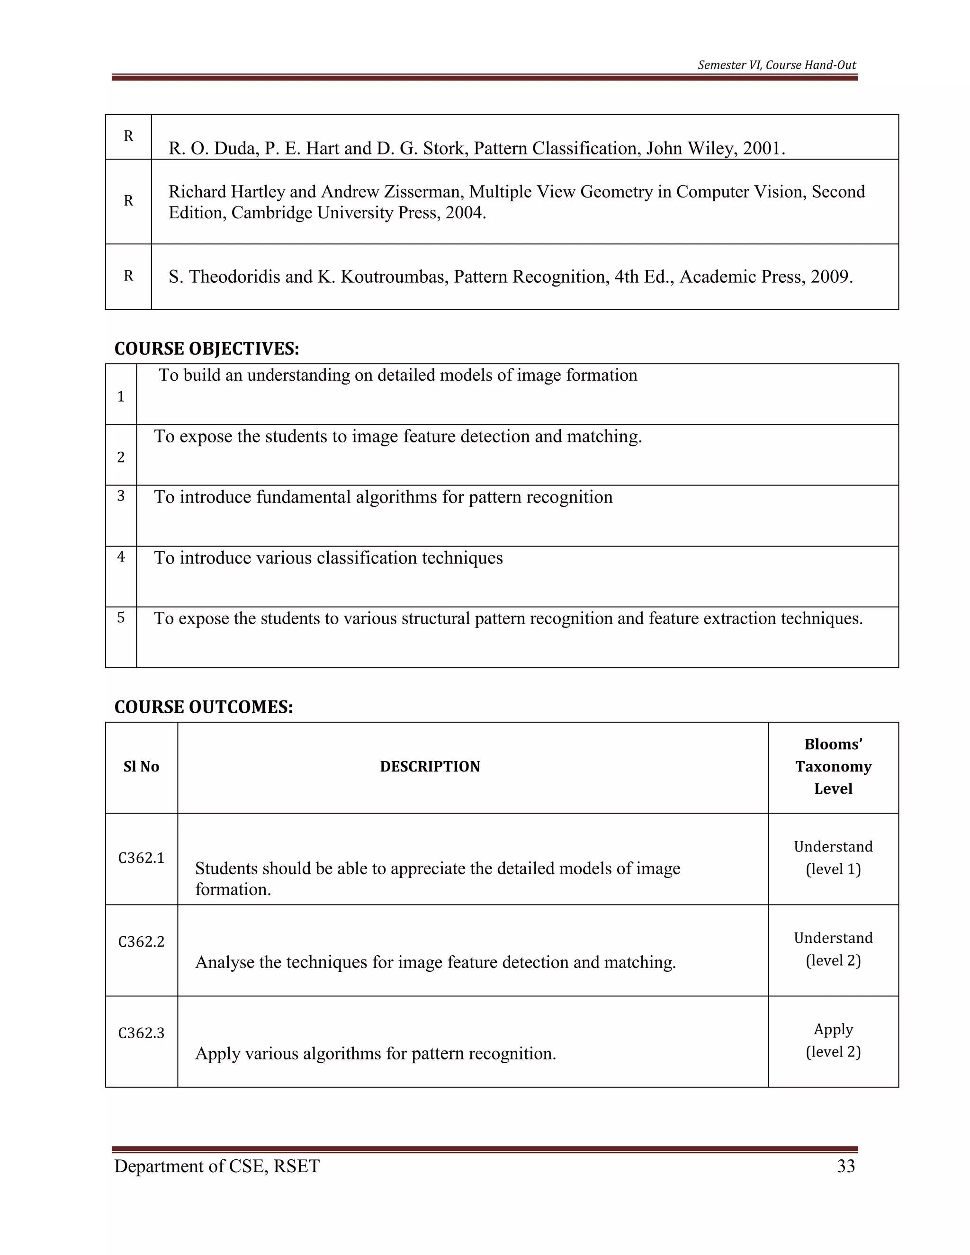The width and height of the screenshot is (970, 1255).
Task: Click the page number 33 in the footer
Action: pyautogui.click(x=846, y=1166)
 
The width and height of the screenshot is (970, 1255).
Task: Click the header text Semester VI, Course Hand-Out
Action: pyautogui.click(x=776, y=65)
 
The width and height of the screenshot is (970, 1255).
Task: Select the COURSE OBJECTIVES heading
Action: pyautogui.click(x=207, y=349)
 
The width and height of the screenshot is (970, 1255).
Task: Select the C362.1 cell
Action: pyautogui.click(x=141, y=858)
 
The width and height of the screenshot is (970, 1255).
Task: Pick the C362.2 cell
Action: pyautogui.click(x=141, y=942)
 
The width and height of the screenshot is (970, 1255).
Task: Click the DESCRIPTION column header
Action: pyautogui.click(x=430, y=767)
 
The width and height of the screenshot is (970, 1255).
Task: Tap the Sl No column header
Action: pyautogui.click(x=141, y=767)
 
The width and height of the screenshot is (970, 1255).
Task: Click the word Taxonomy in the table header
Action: pyautogui.click(x=833, y=767)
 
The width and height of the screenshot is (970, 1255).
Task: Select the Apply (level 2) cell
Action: pyautogui.click(x=833, y=1040)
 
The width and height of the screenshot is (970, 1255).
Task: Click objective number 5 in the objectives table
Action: pyautogui.click(x=121, y=618)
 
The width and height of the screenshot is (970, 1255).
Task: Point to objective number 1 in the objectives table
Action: pyautogui.click(x=121, y=396)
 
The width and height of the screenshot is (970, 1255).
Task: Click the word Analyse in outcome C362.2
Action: pyautogui.click(x=224, y=962)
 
